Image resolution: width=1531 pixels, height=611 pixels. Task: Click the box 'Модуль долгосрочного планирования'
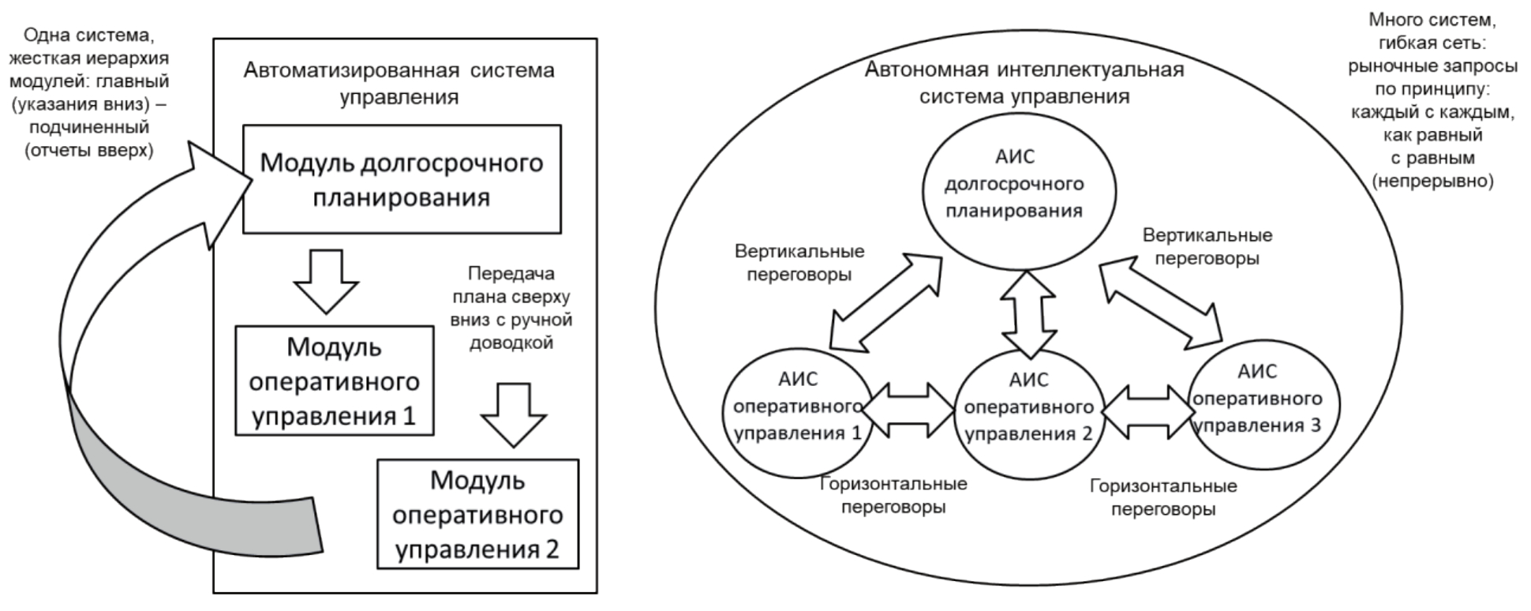tap(402, 179)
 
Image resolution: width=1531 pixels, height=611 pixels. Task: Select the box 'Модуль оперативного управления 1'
tap(335, 380)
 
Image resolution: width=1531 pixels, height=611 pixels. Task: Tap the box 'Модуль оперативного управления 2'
tap(477, 514)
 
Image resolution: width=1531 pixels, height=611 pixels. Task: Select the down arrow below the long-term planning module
tap(325, 281)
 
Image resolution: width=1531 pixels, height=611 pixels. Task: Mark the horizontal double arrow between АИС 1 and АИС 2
tap(908, 410)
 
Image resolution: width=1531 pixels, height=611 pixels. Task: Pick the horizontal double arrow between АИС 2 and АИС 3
tap(1147, 410)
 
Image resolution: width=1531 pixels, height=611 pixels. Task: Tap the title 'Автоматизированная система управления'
tap(399, 83)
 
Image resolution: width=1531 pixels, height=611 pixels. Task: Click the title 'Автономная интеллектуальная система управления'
tap(1024, 82)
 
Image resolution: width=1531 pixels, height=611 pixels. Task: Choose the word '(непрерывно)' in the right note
tap(1433, 181)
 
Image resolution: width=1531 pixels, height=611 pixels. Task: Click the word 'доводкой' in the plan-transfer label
tap(511, 343)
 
